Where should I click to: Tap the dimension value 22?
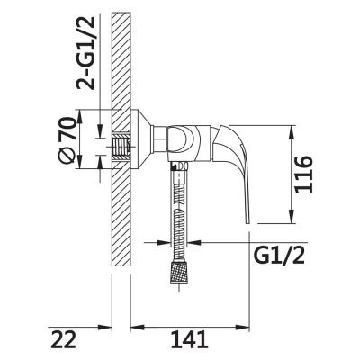pos(63,339)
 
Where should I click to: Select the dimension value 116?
pos(303,175)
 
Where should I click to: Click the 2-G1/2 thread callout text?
pos(85,53)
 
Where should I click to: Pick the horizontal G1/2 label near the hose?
pos(279,256)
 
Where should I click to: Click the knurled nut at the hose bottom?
pos(179,272)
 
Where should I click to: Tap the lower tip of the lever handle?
pos(247,222)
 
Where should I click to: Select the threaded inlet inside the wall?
pos(121,147)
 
